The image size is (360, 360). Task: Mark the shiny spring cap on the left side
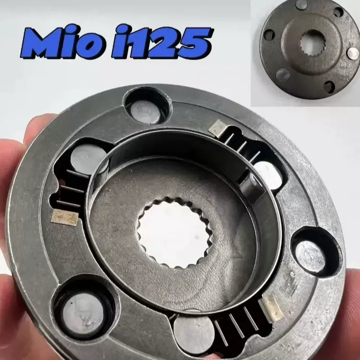64,218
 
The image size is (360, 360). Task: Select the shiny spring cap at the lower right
271,307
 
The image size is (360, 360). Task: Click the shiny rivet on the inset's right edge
353,53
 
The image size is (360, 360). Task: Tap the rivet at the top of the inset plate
302,4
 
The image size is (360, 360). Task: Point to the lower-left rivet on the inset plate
283,74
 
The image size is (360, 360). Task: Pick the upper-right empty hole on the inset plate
339,12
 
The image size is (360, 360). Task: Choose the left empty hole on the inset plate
269,35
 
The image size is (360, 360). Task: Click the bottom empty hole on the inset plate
329,87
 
